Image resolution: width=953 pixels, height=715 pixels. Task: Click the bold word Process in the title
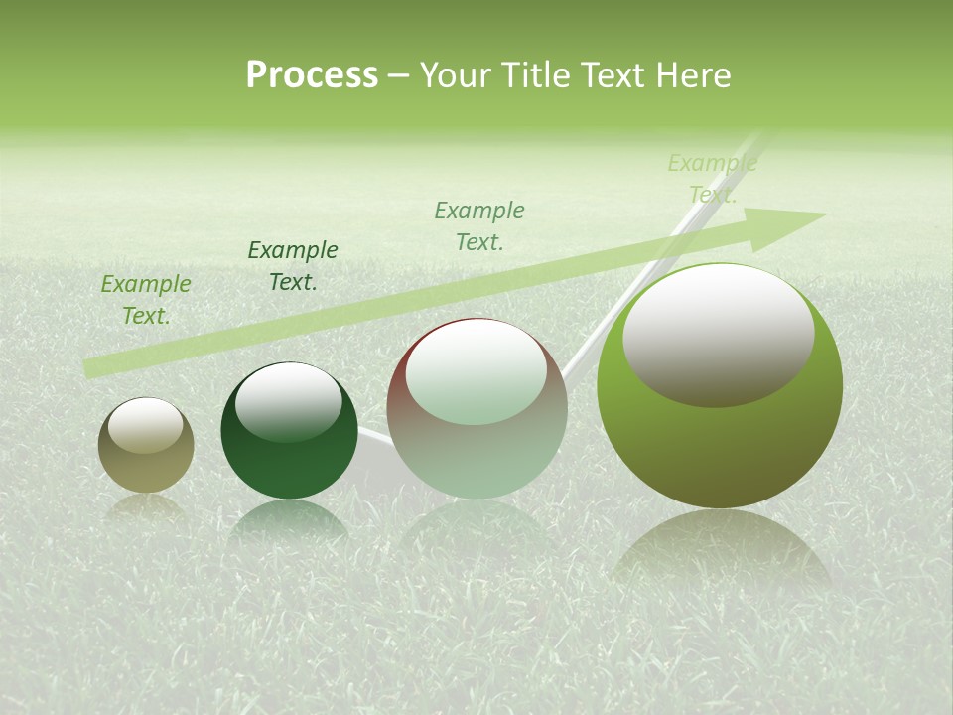[x=312, y=75]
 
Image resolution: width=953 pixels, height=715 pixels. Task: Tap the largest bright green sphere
[x=720, y=447]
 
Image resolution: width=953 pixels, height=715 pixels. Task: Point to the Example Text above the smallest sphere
[x=146, y=300]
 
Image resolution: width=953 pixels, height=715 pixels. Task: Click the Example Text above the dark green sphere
[x=293, y=266]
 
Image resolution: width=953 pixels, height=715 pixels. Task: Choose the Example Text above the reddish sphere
[x=479, y=225]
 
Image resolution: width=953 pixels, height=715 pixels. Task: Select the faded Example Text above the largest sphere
[x=712, y=179]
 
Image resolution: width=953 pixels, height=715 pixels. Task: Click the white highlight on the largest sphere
[x=718, y=333]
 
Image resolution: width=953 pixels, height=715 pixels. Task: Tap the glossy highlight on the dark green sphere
[x=289, y=400]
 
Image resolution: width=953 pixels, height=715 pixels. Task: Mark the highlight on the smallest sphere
[x=146, y=425]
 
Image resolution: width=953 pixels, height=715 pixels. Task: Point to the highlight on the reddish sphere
[x=476, y=369]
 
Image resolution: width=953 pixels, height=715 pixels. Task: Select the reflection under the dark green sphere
[x=289, y=521]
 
